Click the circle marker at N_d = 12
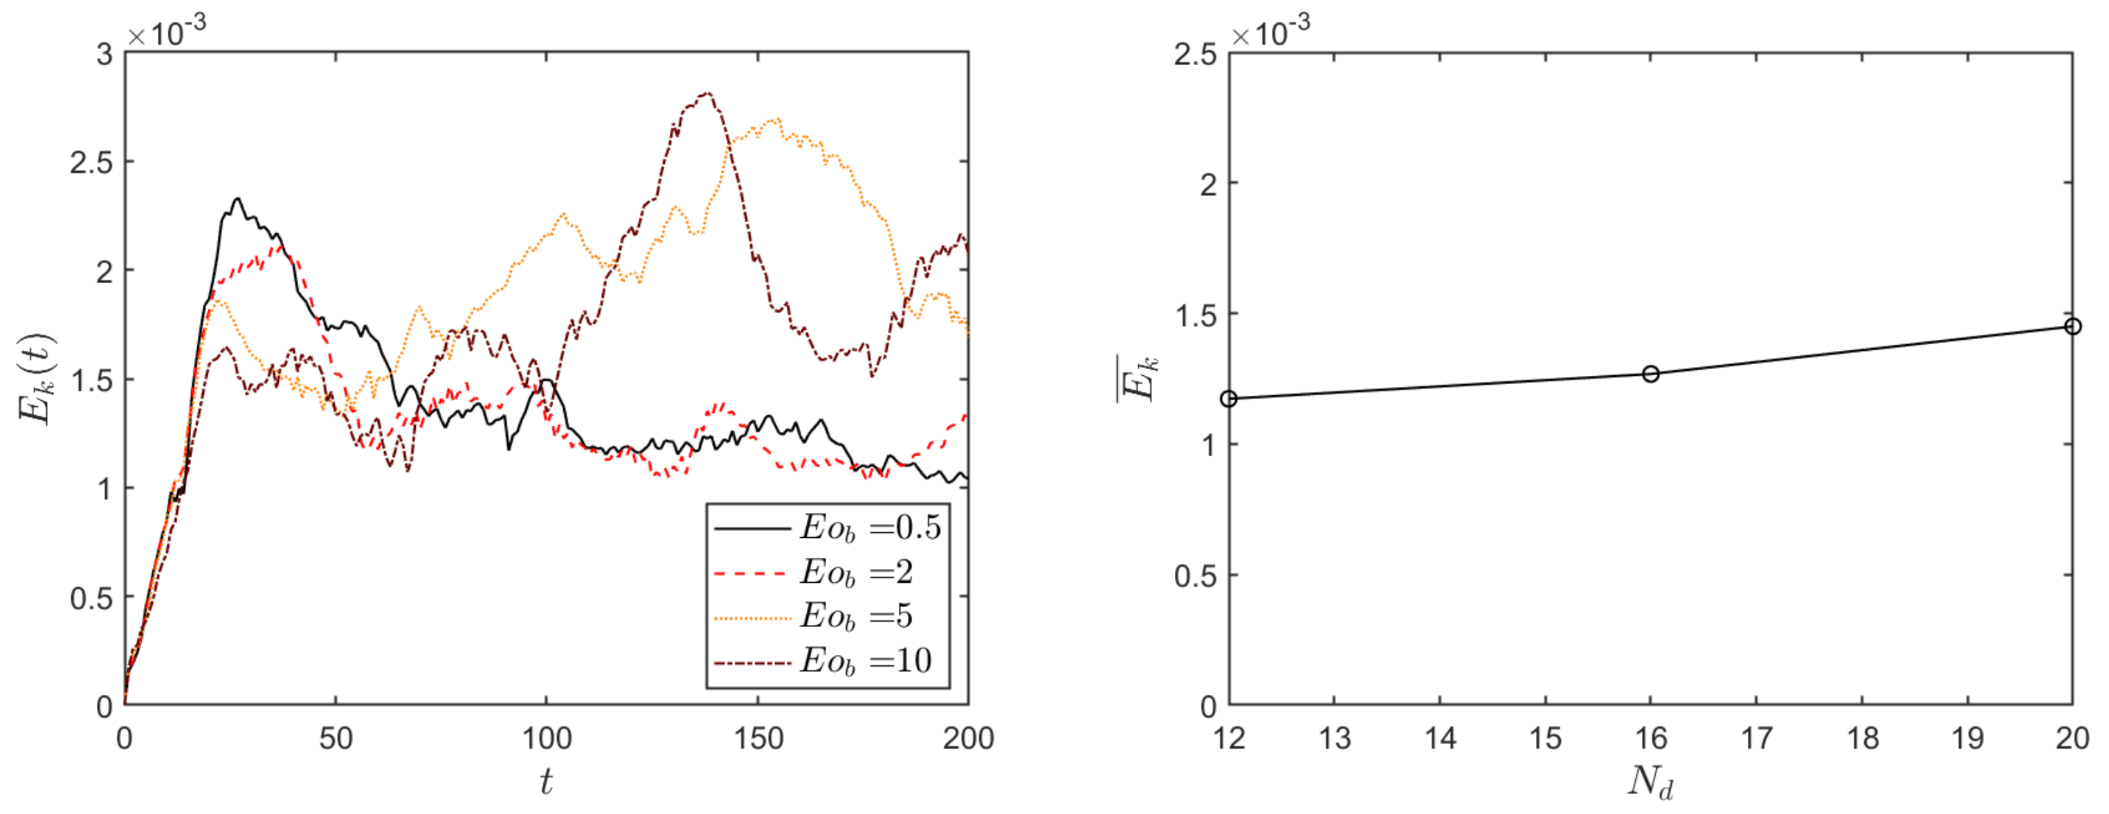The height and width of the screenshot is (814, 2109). click(1229, 399)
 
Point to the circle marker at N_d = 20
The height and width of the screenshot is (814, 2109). click(2072, 326)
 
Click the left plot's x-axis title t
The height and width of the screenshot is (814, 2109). click(546, 782)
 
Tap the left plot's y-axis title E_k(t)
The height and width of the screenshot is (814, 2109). click(36, 379)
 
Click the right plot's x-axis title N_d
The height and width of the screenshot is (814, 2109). click(1650, 782)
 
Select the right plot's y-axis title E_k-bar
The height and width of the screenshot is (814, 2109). click(1138, 379)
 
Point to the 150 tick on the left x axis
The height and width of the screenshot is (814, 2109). click(757, 739)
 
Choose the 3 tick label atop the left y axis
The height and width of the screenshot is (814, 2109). click(104, 55)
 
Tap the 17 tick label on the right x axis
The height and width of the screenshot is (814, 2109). click(1756, 739)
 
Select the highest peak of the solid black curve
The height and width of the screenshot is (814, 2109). click(237, 199)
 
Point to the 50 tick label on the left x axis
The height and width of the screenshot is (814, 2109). click(336, 739)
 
